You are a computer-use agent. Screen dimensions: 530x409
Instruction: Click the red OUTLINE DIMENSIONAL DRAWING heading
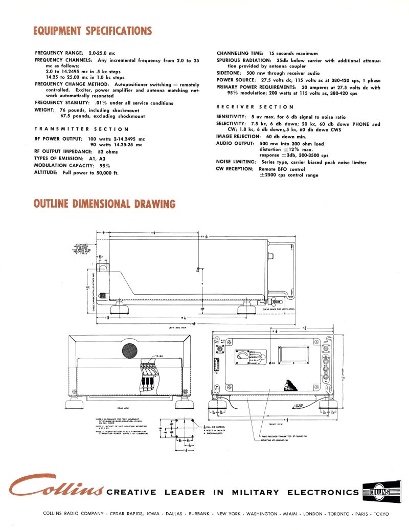(104, 204)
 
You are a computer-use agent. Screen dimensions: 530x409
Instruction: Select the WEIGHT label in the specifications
(45, 110)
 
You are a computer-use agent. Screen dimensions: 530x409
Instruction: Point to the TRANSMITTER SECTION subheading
(81, 129)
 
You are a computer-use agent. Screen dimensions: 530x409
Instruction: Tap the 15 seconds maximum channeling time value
(293, 53)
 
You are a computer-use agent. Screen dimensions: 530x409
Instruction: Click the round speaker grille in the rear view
(129, 350)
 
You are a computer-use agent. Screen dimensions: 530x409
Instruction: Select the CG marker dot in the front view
(270, 363)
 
